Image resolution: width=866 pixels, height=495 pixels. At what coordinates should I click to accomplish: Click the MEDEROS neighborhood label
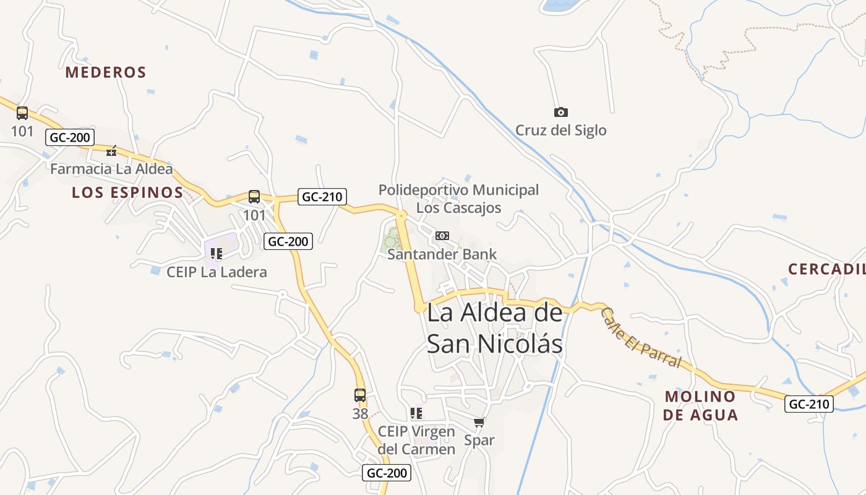pyautogui.click(x=106, y=72)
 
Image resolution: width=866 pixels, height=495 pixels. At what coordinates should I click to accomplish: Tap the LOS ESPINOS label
pyautogui.click(x=127, y=192)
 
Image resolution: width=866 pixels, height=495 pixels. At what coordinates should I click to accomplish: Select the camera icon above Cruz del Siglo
pyautogui.click(x=560, y=112)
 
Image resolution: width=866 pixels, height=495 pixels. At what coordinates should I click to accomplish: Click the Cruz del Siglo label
pyautogui.click(x=560, y=131)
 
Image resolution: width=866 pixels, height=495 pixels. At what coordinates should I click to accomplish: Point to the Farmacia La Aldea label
pyautogui.click(x=111, y=169)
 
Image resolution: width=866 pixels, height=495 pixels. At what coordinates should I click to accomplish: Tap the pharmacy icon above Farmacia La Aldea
pyautogui.click(x=111, y=150)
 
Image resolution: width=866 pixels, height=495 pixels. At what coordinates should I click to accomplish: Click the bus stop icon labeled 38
pyautogui.click(x=360, y=395)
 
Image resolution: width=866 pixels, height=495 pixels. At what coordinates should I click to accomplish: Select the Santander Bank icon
pyautogui.click(x=442, y=236)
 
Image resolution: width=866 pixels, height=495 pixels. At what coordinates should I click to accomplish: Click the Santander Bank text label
pyautogui.click(x=442, y=254)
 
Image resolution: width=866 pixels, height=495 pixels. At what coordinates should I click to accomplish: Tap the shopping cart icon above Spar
pyautogui.click(x=479, y=423)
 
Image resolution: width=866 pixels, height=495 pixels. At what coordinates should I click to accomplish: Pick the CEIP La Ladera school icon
pyautogui.click(x=216, y=253)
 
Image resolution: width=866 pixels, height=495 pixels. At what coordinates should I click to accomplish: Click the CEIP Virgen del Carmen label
pyautogui.click(x=416, y=440)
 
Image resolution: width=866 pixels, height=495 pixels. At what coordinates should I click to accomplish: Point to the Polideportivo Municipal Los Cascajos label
pyautogui.click(x=458, y=199)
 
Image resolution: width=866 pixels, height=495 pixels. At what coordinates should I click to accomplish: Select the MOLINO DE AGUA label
pyautogui.click(x=700, y=406)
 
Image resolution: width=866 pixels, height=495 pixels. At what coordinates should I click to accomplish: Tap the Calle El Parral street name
pyautogui.click(x=641, y=338)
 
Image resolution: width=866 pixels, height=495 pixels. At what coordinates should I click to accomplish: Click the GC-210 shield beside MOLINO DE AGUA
pyautogui.click(x=809, y=405)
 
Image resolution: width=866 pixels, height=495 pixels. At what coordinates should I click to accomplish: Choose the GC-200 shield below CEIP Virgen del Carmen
pyautogui.click(x=387, y=473)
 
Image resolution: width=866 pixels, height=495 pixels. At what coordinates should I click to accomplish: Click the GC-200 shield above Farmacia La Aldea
pyautogui.click(x=69, y=137)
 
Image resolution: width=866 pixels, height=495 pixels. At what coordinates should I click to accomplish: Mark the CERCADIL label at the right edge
pyautogui.click(x=826, y=269)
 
